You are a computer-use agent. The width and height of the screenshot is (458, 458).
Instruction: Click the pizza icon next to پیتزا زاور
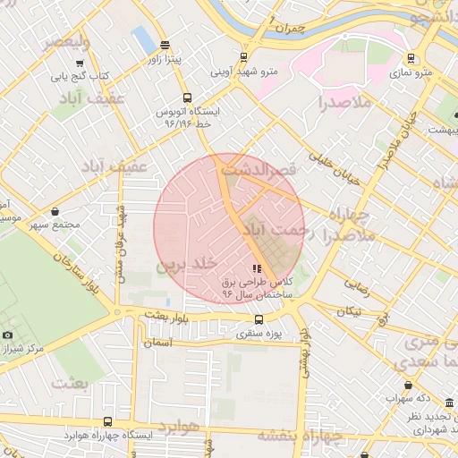click(x=165, y=45)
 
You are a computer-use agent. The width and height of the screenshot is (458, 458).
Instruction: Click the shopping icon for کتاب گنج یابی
click(x=81, y=63)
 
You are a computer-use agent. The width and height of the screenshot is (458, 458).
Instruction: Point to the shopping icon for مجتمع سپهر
click(x=56, y=212)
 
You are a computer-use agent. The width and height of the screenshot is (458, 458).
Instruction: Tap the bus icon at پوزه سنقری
click(x=259, y=319)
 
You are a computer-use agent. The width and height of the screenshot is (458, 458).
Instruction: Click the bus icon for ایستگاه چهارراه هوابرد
click(x=107, y=421)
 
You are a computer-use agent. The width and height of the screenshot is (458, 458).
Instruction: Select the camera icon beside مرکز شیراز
click(x=8, y=335)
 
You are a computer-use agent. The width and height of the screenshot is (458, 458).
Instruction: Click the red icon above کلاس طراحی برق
click(x=257, y=268)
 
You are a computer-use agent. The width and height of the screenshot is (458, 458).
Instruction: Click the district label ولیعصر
click(x=54, y=42)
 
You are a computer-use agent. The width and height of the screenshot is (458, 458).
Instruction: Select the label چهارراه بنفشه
click(x=301, y=435)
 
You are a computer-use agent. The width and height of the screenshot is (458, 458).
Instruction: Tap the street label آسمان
click(x=156, y=342)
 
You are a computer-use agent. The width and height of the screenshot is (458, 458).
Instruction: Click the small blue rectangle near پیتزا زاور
click(x=142, y=39)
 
